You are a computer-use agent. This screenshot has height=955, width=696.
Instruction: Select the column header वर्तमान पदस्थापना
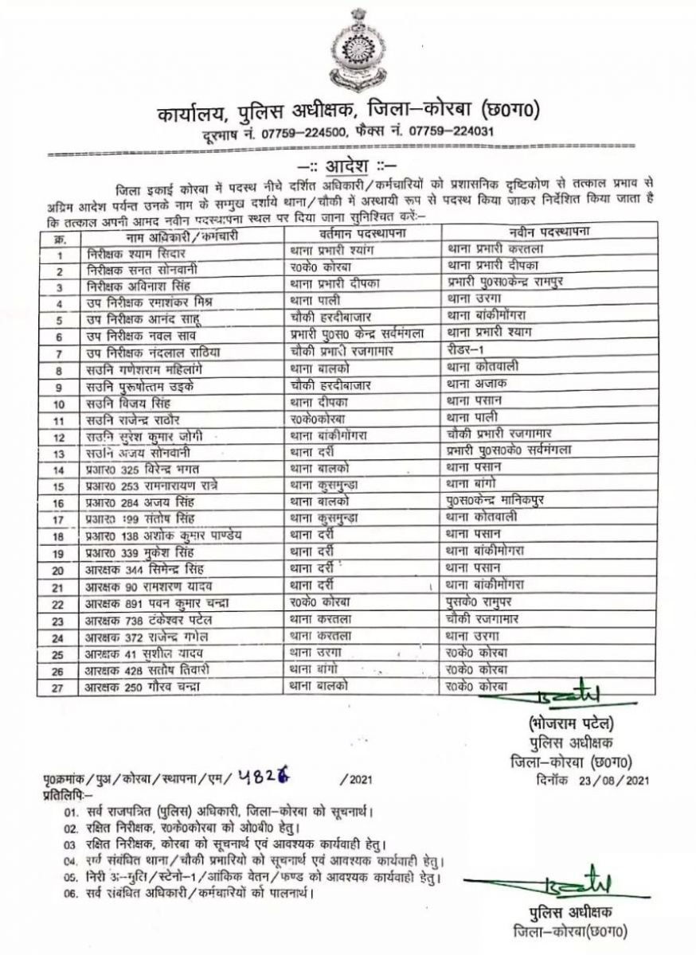(x=362, y=233)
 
